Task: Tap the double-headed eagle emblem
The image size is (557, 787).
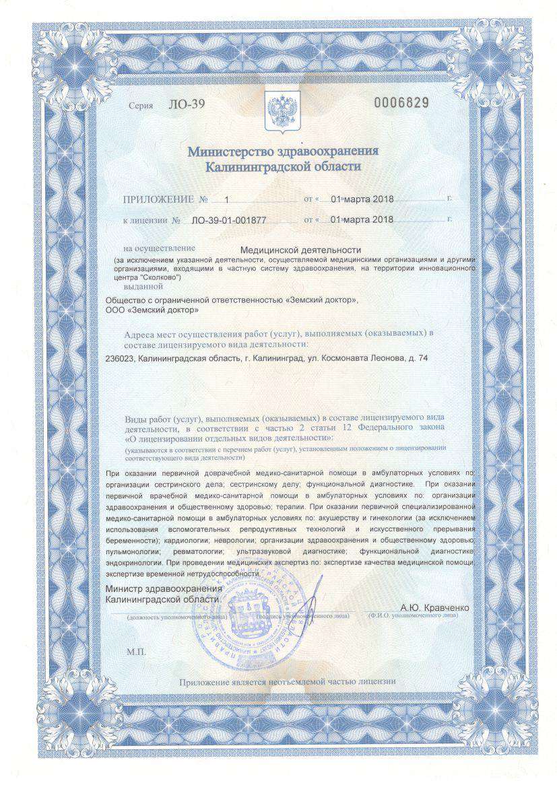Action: point(279,109)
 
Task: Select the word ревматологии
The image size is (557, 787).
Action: point(209,551)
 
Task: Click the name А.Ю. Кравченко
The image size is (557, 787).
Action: point(434,607)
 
